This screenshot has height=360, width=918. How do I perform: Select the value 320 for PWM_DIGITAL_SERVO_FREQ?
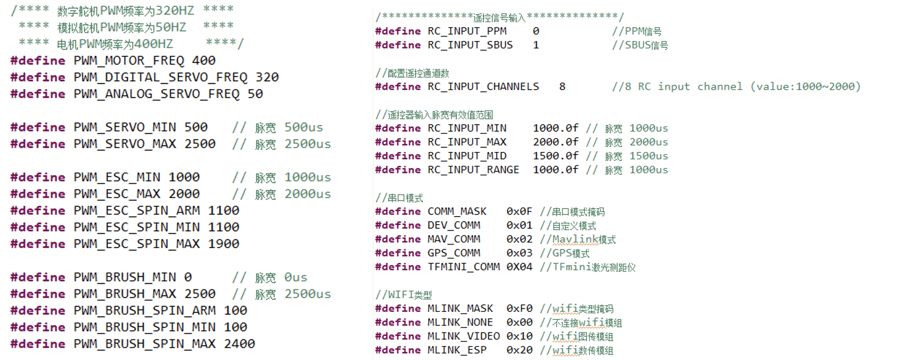point(267,77)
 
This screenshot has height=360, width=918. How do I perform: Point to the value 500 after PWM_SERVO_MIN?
point(196,127)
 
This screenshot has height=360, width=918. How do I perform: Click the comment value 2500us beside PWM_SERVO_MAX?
point(308,144)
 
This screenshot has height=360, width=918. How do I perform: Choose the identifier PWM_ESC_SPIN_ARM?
point(136,211)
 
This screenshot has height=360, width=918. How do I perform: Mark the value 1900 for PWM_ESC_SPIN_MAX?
point(223,244)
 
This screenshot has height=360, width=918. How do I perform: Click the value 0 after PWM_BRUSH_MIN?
point(188,277)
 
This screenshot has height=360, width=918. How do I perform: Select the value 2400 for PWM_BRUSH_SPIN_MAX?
point(239,344)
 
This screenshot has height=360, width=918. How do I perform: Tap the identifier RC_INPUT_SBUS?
point(470,45)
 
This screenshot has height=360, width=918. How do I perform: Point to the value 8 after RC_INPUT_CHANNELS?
point(562,87)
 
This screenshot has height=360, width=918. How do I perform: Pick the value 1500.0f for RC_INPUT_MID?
point(555,156)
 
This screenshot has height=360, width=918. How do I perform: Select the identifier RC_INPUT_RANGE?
point(473,170)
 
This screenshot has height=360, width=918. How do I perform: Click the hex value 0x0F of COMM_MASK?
point(519,212)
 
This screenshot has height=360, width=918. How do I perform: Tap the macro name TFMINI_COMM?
point(464,267)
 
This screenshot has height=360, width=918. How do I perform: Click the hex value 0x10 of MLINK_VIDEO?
point(519,336)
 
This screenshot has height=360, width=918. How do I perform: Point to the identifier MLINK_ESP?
point(456,350)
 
